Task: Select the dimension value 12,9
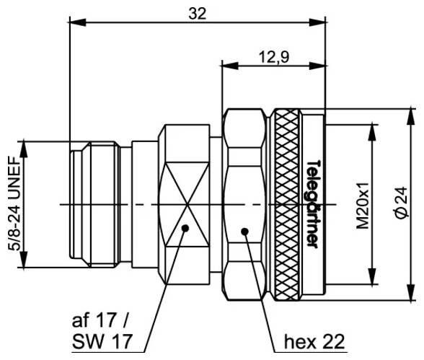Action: tap(271, 58)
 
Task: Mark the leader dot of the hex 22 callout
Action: tap(244, 232)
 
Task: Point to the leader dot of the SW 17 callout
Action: tap(185, 228)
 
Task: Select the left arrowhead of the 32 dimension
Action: tap(74, 22)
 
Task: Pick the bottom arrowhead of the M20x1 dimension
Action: tap(373, 282)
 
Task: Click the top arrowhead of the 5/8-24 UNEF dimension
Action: tap(25, 146)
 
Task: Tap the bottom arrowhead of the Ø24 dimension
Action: tap(409, 296)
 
